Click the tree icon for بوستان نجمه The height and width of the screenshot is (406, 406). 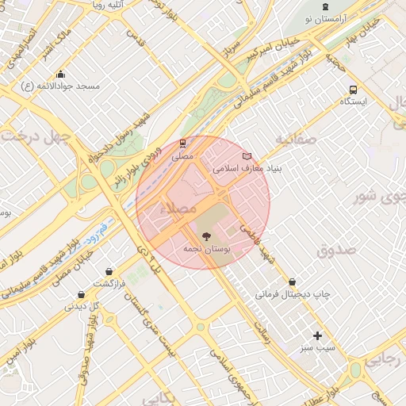pyautogui.click(x=207, y=236)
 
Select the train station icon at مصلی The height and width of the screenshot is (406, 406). pyautogui.click(x=183, y=144)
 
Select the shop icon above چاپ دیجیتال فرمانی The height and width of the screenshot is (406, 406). pyautogui.click(x=293, y=282)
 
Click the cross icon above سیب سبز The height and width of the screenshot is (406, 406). pyautogui.click(x=318, y=335)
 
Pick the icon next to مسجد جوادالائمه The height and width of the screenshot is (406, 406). pyautogui.click(x=61, y=86)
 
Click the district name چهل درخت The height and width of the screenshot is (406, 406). pyautogui.click(x=36, y=136)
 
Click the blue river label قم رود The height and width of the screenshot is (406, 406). pyautogui.click(x=98, y=233)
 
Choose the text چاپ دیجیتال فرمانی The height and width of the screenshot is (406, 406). pyautogui.click(x=293, y=294)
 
